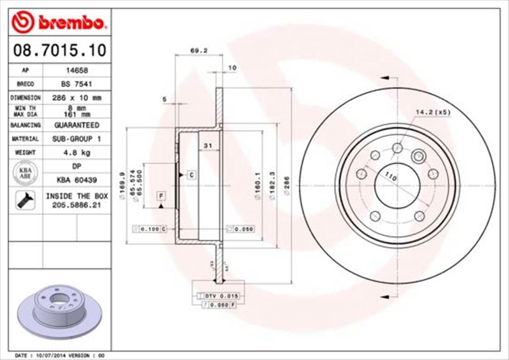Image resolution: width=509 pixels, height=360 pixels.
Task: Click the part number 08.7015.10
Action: [x=59, y=50]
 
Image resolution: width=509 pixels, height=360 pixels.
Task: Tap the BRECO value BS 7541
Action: [x=77, y=84]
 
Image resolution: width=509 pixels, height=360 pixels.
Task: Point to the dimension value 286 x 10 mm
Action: [x=77, y=98]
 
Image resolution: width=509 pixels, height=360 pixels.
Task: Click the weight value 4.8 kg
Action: [x=77, y=153]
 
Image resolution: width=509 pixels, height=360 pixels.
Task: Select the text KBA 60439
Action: [x=77, y=180]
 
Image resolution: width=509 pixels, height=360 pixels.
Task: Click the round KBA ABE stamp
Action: [x=25, y=173]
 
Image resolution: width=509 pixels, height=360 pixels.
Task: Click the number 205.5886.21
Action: [x=77, y=205]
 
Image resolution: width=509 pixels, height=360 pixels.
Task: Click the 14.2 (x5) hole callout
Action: [x=433, y=112]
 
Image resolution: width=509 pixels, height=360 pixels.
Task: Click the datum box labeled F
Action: [x=161, y=196]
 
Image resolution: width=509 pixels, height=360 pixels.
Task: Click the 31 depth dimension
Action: [x=208, y=146]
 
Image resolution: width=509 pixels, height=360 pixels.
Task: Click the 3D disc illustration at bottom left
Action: [x=59, y=310]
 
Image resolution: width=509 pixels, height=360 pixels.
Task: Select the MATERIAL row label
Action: [x=25, y=139]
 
